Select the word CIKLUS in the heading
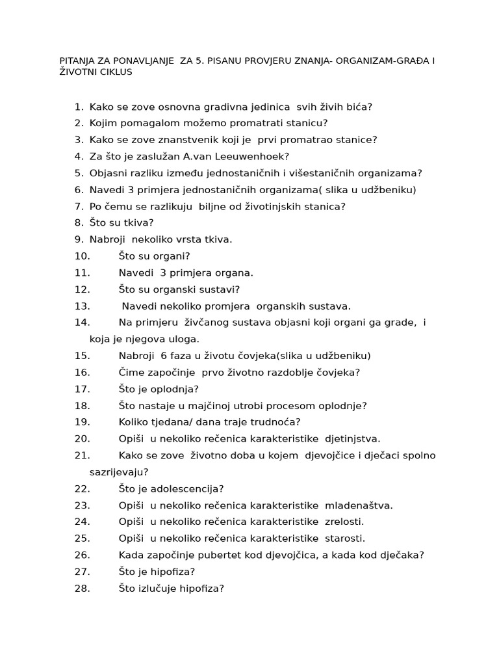[114, 72]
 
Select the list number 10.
[82, 256]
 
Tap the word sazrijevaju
[119, 472]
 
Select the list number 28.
[82, 589]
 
